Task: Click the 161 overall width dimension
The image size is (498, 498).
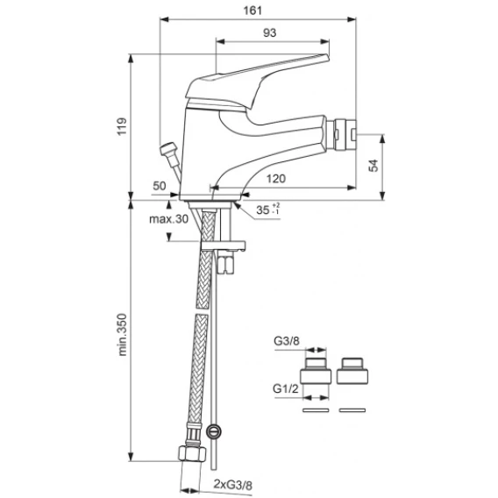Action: (253, 11)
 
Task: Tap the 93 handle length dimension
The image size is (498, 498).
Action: (270, 32)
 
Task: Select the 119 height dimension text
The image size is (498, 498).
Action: (122, 126)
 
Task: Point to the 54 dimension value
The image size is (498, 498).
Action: (373, 166)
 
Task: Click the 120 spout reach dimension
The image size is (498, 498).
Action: (275, 179)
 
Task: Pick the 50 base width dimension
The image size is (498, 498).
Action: (159, 186)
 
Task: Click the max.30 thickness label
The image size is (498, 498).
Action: (168, 219)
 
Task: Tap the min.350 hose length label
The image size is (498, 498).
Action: (122, 335)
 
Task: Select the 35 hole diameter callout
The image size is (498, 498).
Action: (267, 210)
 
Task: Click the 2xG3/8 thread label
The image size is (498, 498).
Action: (233, 485)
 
